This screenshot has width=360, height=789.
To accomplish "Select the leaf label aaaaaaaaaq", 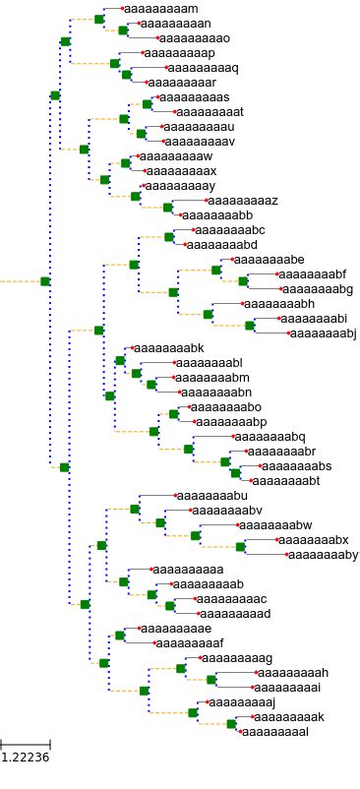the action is point(203,68).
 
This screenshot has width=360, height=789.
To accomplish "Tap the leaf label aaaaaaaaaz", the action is point(241,201).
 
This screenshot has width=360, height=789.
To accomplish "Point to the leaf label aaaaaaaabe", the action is point(270,260).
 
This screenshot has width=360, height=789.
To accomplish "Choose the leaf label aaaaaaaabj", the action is point(324,334).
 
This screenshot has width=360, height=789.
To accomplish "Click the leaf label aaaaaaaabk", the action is point(168,348).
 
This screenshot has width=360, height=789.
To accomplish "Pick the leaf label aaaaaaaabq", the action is point(270,437).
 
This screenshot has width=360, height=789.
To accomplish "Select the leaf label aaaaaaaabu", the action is point(210,496).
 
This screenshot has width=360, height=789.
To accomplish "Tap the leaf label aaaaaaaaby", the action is point(324,555).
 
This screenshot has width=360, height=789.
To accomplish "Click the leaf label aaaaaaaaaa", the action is point(188,570).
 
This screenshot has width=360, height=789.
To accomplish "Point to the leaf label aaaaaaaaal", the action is point(275,732).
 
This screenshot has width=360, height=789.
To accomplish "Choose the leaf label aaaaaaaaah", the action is point(292,673).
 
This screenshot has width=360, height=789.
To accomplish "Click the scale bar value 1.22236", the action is point(25,758).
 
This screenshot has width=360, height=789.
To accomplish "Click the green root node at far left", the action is point(45,281).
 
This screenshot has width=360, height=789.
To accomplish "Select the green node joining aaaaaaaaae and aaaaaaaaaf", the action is point(120,636).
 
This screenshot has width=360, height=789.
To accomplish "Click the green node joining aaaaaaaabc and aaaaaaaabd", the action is point(169,237).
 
